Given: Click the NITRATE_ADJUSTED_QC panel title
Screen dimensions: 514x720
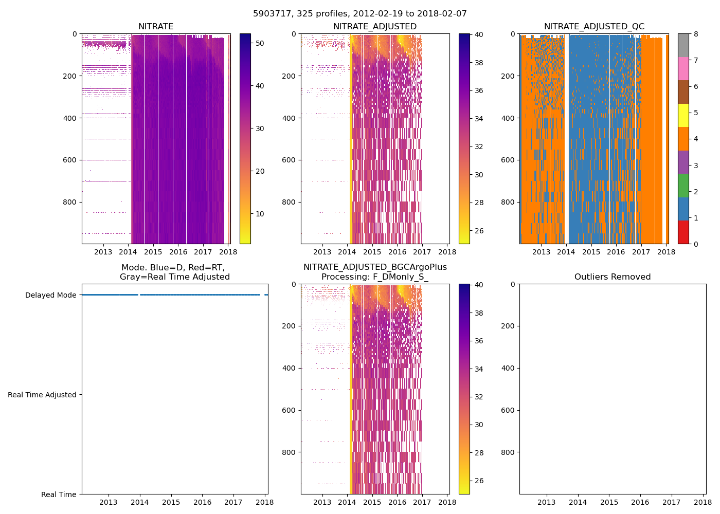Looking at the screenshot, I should [x=594, y=27].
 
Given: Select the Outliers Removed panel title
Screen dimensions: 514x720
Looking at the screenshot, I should [x=613, y=277].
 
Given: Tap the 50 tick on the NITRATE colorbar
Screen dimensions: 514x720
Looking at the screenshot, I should [x=260, y=43].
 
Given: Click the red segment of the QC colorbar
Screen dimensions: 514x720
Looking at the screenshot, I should [x=683, y=232].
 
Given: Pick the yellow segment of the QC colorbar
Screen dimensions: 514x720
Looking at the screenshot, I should [x=683, y=115].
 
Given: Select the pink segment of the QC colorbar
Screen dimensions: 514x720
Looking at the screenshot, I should [x=683, y=68].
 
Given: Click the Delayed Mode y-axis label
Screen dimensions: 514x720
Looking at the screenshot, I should [x=50, y=295].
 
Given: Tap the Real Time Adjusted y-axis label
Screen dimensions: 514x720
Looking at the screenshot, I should [x=42, y=395].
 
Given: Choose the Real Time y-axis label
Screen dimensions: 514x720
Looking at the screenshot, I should [x=59, y=494].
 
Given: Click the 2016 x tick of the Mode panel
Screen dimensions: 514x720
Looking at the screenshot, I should [x=202, y=502].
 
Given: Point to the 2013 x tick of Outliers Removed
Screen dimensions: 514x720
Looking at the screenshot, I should [x=546, y=502].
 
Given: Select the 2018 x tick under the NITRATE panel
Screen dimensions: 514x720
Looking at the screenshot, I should [x=228, y=252].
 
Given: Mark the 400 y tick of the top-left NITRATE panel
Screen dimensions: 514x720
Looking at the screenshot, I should [x=70, y=118].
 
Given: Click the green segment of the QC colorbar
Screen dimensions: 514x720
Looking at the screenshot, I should [x=683, y=185].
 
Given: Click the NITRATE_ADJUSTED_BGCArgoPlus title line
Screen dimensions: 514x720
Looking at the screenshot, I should [x=375, y=267].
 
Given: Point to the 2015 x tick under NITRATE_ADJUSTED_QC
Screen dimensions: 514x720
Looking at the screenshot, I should [x=591, y=252].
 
